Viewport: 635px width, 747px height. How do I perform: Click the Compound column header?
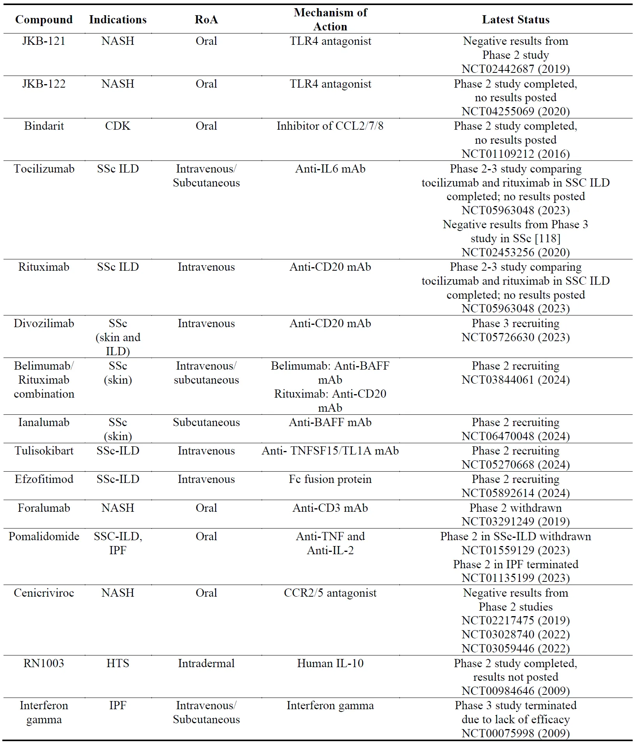pos(44,19)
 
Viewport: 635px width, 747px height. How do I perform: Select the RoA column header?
pos(206,19)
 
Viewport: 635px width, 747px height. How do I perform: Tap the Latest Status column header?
pos(515,19)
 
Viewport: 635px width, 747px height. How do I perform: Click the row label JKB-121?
pos(44,41)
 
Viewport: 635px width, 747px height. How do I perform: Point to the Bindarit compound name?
pos(44,126)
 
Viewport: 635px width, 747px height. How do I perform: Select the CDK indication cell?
pos(118,126)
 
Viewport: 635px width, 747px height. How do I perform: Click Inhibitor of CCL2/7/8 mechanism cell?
pos(330,126)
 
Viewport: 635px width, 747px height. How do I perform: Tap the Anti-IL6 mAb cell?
pos(330,169)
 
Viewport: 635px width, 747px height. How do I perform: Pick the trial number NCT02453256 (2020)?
pos(515,252)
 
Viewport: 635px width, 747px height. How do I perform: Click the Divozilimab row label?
pos(44,323)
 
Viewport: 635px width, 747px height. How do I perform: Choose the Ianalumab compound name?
pos(44,422)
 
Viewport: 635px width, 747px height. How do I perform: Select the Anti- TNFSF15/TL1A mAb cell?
pos(330,451)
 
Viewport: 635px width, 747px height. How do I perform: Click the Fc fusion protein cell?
pos(330,479)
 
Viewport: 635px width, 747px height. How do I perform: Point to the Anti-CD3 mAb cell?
pos(330,508)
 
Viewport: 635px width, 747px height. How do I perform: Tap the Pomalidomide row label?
pos(44,536)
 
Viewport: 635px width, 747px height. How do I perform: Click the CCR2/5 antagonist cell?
pos(330,593)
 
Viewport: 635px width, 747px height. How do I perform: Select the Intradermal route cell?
pos(206,663)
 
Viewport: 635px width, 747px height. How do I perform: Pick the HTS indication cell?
pos(118,663)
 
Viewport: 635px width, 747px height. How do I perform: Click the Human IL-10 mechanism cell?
pos(330,663)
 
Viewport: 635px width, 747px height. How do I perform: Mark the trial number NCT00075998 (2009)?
pos(515,733)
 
